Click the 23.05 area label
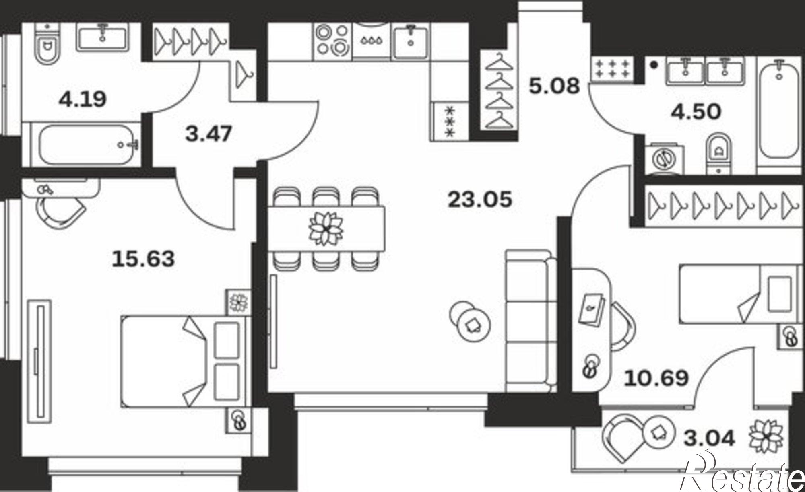[x=480, y=199]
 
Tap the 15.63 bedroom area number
[x=143, y=259]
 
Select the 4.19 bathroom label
[x=83, y=99]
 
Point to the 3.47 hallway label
[x=208, y=134]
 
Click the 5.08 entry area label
[x=554, y=86]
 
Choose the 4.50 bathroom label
[x=696, y=112]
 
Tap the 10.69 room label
[x=656, y=378]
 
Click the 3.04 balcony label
[x=709, y=438]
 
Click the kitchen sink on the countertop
[x=411, y=40]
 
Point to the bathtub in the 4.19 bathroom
[x=90, y=144]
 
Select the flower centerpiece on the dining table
[x=326, y=228]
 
